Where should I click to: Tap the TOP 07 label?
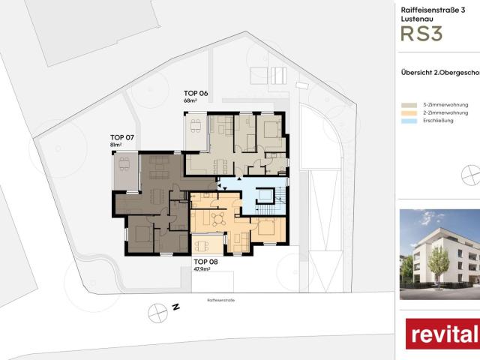[121, 137]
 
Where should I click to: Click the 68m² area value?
[190, 100]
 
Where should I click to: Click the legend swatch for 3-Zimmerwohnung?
[409, 106]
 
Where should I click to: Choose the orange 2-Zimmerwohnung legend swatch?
[409, 113]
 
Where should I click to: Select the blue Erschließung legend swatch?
[409, 121]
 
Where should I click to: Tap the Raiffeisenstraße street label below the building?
[221, 299]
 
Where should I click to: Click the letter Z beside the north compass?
[175, 307]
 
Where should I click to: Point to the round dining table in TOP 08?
[218, 219]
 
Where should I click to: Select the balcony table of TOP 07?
[124, 163]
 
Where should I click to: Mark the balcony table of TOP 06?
[196, 124]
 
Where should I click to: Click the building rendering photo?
[439, 247]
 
